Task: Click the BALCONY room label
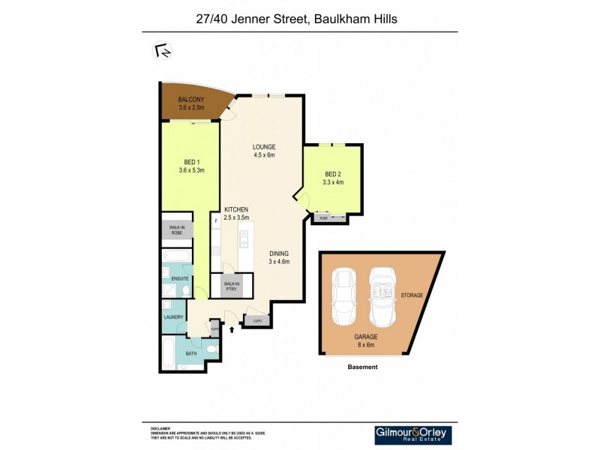pyautogui.click(x=190, y=100)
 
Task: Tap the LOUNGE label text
pyautogui.click(x=264, y=147)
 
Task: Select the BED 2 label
pyautogui.click(x=332, y=174)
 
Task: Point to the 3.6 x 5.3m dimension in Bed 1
pyautogui.click(x=191, y=170)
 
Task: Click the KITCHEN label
pyautogui.click(x=235, y=209)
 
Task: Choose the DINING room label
pyautogui.click(x=279, y=253)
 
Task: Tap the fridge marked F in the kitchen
pyautogui.click(x=216, y=221)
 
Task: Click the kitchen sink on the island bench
pyautogui.click(x=244, y=241)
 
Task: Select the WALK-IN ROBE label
pyautogui.click(x=176, y=229)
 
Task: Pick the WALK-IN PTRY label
pyautogui.click(x=231, y=286)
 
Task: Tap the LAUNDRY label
pyautogui.click(x=173, y=317)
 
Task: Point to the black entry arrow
pyautogui.click(x=232, y=328)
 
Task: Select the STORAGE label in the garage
pyautogui.click(x=412, y=295)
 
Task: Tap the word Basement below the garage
pyautogui.click(x=363, y=367)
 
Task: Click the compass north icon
pyautogui.click(x=162, y=51)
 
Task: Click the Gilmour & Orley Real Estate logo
pyautogui.click(x=412, y=435)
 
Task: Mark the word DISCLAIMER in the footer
pyautogui.click(x=160, y=429)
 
